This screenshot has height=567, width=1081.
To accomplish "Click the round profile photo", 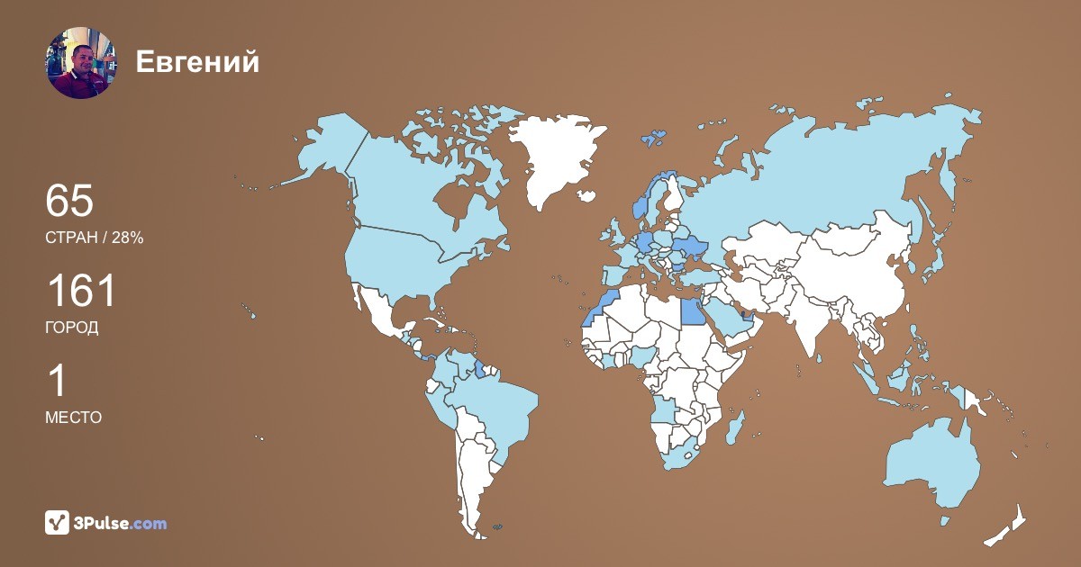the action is pyautogui.click(x=81, y=62).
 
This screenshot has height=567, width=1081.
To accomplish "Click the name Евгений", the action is pyautogui.click(x=197, y=62).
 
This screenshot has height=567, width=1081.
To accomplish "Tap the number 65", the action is pyautogui.click(x=69, y=201).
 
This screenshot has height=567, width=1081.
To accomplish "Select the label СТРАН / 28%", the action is pyautogui.click(x=94, y=238).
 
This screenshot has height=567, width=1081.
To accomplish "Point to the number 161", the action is pyautogui.click(x=81, y=292).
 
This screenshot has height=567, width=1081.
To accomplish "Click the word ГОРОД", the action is pyautogui.click(x=72, y=328).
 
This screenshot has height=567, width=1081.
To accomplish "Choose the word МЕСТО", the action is pyautogui.click(x=73, y=417).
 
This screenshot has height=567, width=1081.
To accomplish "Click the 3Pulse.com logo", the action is pyautogui.click(x=106, y=522).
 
